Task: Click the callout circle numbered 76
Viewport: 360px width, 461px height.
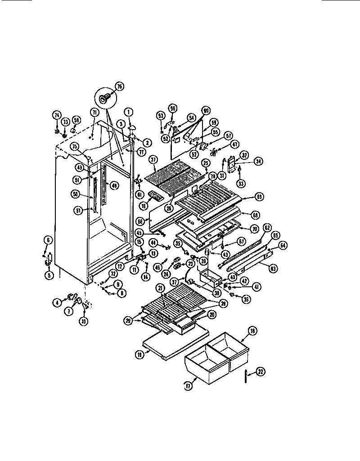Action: point(119,86)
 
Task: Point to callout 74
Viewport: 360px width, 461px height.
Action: point(57,115)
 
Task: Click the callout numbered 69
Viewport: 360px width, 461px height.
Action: point(259,197)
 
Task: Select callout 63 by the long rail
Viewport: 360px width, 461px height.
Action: point(272,269)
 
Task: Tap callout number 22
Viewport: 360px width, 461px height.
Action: point(261,371)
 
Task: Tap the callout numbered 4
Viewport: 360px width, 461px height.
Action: point(57,303)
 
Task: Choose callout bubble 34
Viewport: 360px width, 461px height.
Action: point(247,161)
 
